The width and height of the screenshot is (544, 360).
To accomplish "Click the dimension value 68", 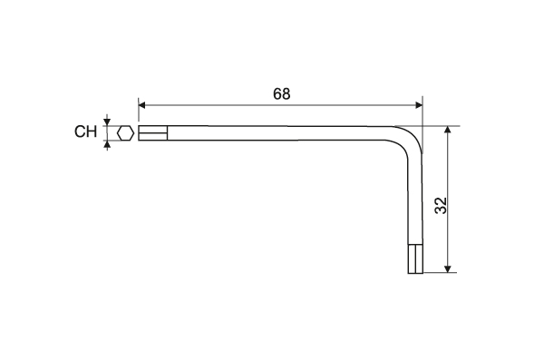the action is (x=281, y=94).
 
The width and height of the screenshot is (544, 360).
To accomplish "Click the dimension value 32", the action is (x=442, y=206).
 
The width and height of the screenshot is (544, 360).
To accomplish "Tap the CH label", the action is (x=86, y=131).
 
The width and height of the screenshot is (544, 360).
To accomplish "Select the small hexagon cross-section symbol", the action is (x=126, y=133).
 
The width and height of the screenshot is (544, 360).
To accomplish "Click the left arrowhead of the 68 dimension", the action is (x=141, y=105).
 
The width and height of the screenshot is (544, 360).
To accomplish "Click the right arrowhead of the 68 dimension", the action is (x=419, y=105).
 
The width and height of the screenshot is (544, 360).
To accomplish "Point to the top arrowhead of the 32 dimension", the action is (x=448, y=130).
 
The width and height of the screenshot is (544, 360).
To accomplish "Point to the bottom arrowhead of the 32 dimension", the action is (x=448, y=269).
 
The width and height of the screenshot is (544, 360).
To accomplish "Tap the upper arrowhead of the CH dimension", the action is (x=107, y=122).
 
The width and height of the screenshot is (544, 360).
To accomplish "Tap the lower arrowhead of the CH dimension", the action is (x=107, y=144).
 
